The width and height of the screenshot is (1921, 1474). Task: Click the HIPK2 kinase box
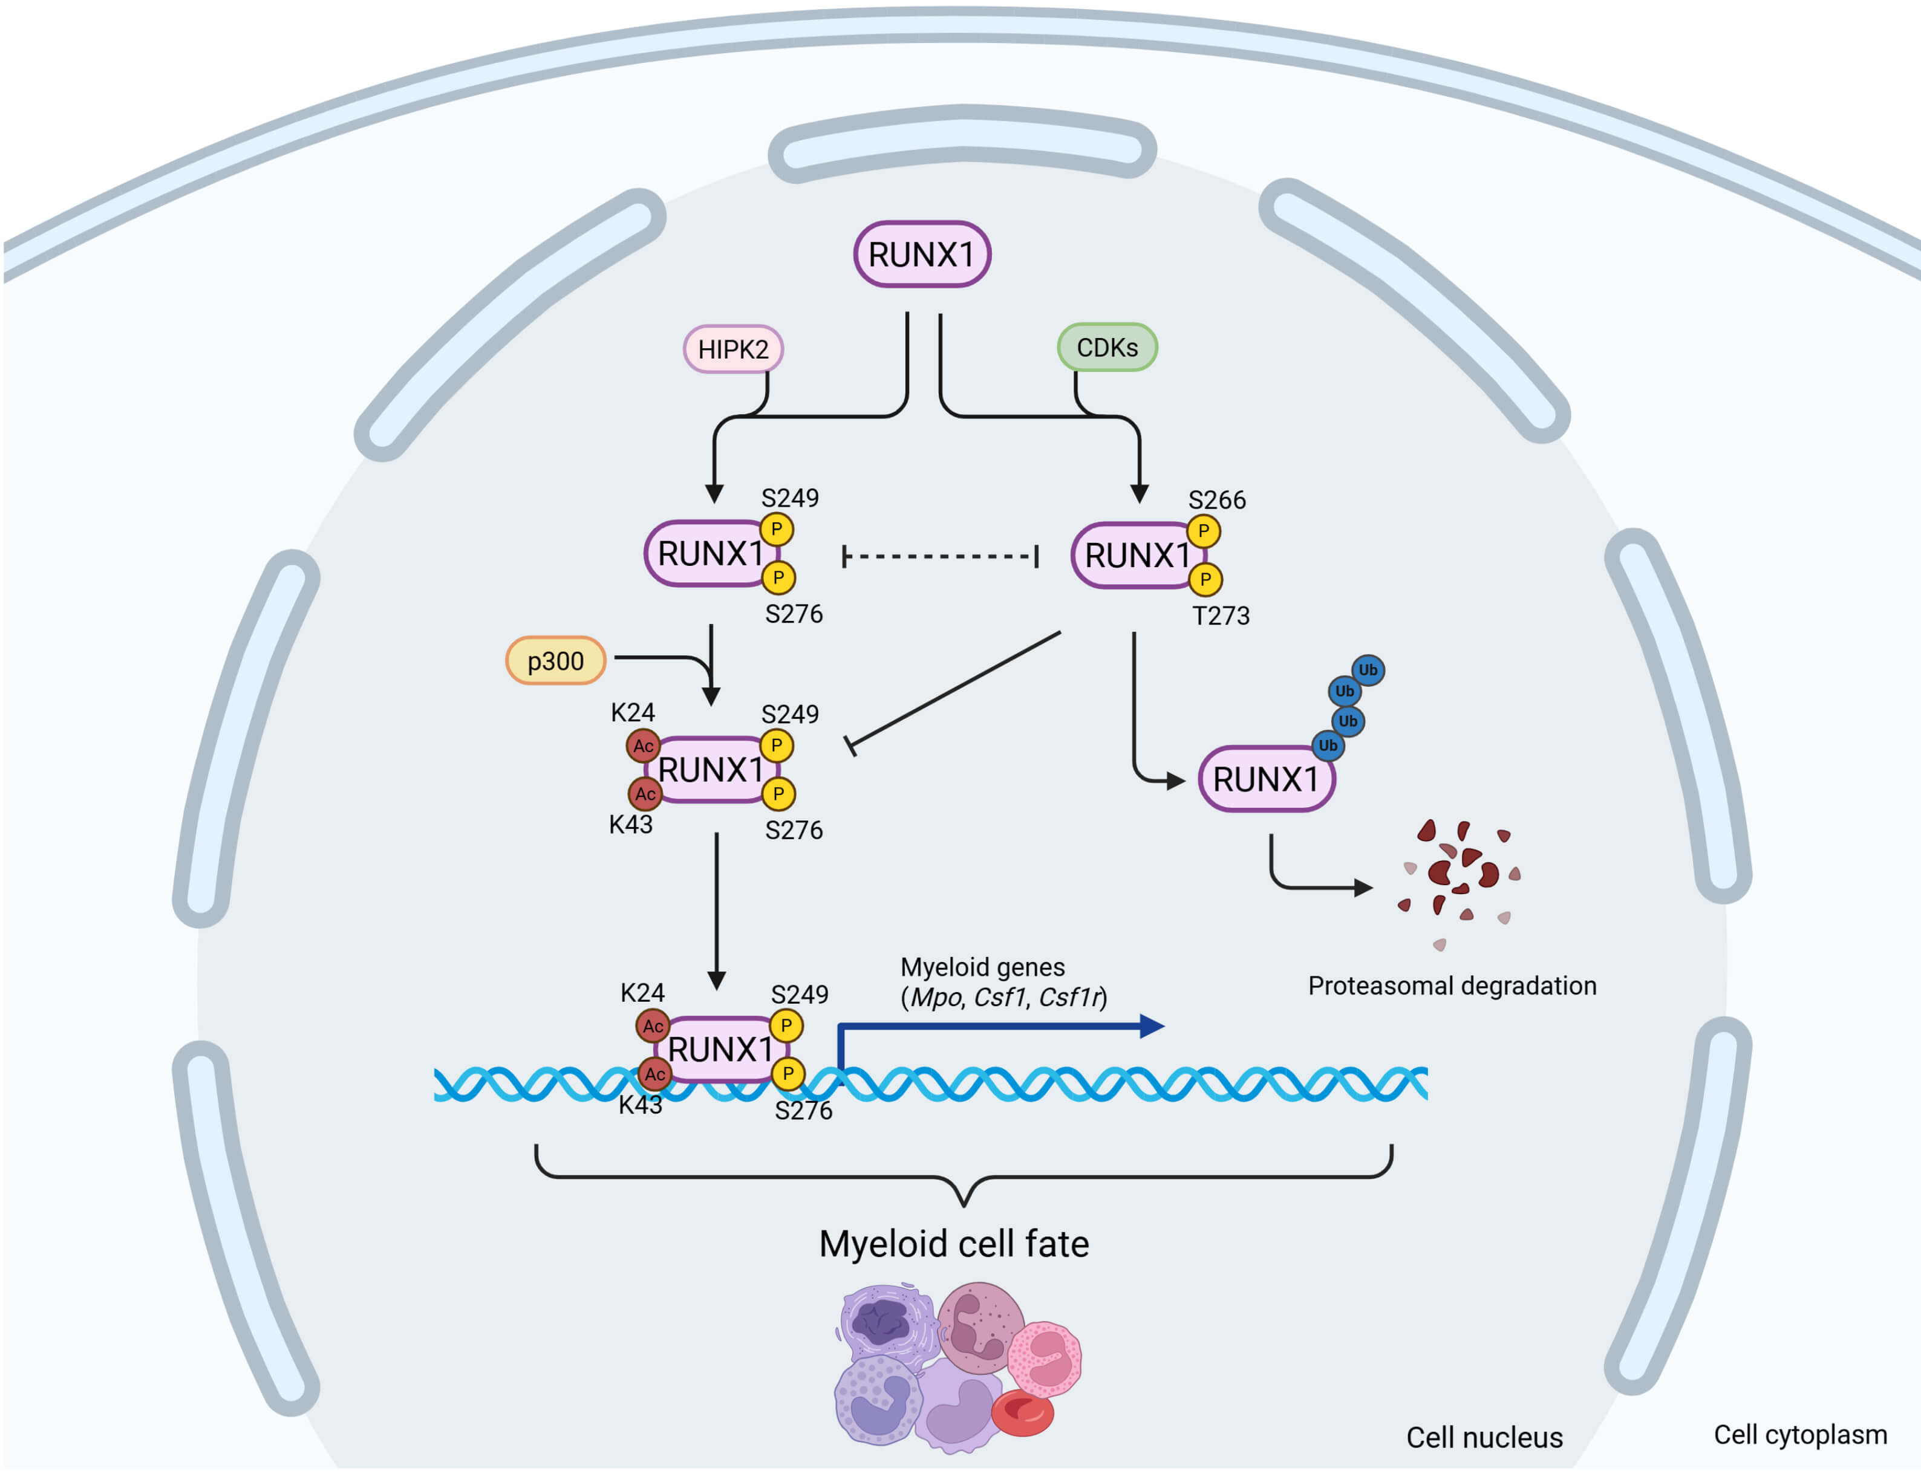tap(732, 349)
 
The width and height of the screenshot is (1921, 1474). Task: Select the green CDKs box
tap(1107, 348)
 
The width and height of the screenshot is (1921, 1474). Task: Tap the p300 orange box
tap(555, 661)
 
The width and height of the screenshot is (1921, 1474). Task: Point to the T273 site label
tap(1220, 616)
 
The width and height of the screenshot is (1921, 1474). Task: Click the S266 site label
tap(1216, 500)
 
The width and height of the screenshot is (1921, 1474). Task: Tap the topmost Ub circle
tap(1367, 670)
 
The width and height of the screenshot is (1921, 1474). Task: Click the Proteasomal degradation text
tap(1452, 986)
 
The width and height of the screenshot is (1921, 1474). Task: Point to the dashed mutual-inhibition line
tap(939, 556)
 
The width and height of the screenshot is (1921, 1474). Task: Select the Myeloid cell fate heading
tap(954, 1244)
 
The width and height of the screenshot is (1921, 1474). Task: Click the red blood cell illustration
tap(1022, 1412)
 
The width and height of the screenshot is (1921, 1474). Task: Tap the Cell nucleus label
tap(1484, 1437)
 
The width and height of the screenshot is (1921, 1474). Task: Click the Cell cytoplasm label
tap(1800, 1435)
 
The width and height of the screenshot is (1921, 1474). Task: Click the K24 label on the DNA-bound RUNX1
tap(642, 993)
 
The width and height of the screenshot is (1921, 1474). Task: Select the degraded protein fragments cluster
tap(1458, 877)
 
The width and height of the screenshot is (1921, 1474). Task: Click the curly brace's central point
tap(964, 1202)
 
